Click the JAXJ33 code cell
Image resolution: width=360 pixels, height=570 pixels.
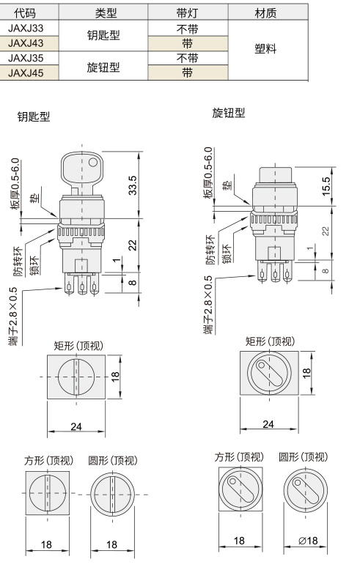pos(26,28)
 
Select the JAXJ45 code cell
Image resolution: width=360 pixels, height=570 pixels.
pos(26,73)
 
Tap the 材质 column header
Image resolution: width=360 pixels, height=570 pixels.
pos(265,13)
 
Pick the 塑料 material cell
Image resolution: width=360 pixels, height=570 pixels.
pos(265,48)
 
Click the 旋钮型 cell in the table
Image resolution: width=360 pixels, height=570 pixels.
pos(103,67)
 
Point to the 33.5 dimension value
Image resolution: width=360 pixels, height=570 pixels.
pos(133,185)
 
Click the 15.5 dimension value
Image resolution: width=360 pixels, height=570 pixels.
pos(326,186)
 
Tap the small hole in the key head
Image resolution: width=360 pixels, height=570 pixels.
pos(92,162)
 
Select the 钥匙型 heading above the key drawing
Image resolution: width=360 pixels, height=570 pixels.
pos(34,116)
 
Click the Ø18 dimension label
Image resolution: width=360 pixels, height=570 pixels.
pos(308,541)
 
